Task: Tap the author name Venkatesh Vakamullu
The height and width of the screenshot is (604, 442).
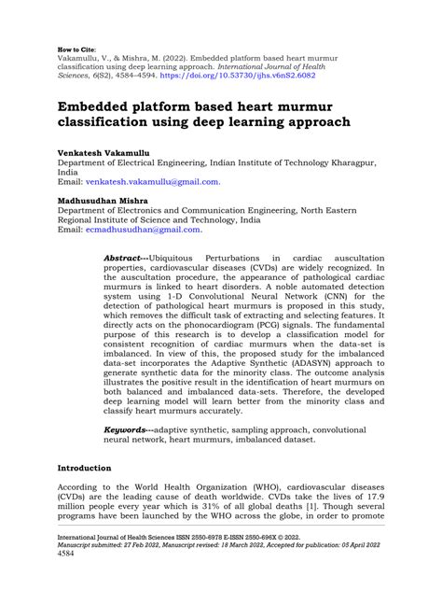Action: [x=92, y=149]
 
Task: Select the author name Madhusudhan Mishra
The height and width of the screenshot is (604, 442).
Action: [x=90, y=201]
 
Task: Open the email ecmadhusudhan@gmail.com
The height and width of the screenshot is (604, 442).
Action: [x=143, y=230]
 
